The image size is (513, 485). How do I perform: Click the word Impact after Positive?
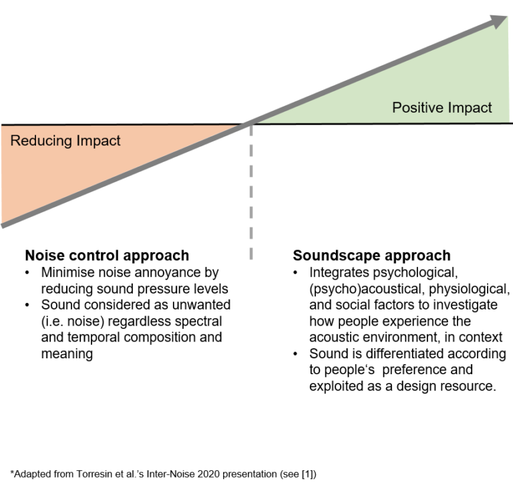[470, 107]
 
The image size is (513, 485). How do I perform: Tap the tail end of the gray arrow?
[3, 225]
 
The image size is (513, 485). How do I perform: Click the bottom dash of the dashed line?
[251, 253]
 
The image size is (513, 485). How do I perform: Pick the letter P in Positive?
[397, 107]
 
